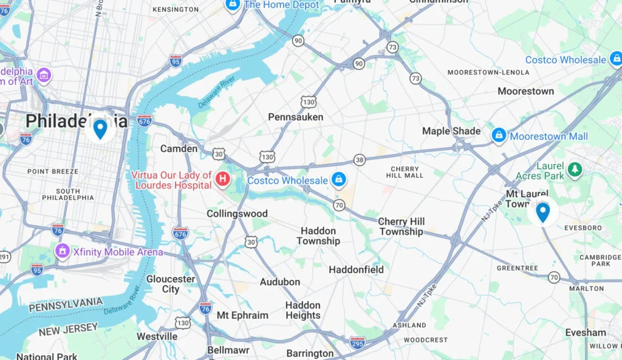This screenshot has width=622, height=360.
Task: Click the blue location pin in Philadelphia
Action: pyautogui.click(x=100, y=129)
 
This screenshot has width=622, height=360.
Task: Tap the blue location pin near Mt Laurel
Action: pyautogui.click(x=542, y=212)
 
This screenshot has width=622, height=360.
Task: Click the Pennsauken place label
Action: pyautogui.click(x=296, y=117)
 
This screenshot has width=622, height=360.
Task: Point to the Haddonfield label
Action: pyautogui.click(x=356, y=269)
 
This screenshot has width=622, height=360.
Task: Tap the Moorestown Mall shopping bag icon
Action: pyautogui.click(x=499, y=135)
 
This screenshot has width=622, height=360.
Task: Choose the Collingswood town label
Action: pyautogui.click(x=237, y=214)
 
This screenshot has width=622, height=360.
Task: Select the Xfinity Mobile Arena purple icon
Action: pyautogui.click(x=62, y=251)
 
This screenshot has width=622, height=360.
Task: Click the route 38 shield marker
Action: pyautogui.click(x=360, y=160)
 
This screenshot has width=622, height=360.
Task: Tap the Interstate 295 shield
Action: pyautogui.click(x=358, y=342)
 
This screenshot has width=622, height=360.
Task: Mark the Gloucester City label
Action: pyautogui.click(x=171, y=284)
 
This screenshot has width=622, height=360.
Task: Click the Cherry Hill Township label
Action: pyautogui.click(x=402, y=226)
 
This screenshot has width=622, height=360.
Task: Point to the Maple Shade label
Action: pyautogui.click(x=451, y=131)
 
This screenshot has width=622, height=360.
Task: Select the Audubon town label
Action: pyautogui.click(x=280, y=282)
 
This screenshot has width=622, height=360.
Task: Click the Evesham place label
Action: pyautogui.click(x=586, y=333)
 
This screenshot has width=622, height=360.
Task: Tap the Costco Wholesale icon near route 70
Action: pyautogui.click(x=338, y=180)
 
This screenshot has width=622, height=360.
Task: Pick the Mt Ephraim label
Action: pyautogui.click(x=242, y=315)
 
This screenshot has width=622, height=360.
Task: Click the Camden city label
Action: pyautogui.click(x=179, y=148)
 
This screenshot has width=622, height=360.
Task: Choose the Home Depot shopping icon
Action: pyautogui.click(x=232, y=5)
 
